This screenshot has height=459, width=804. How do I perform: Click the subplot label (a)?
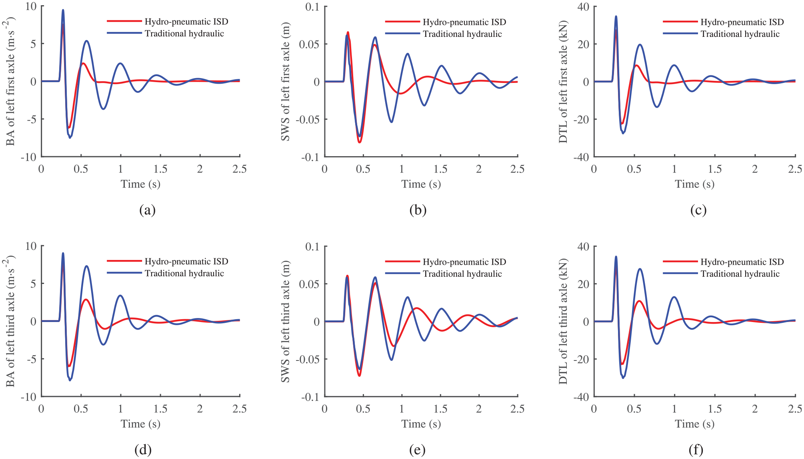pyautogui.click(x=147, y=210)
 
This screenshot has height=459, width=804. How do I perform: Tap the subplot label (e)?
pyautogui.click(x=417, y=450)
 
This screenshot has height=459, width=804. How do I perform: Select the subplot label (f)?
pyautogui.click(x=696, y=450)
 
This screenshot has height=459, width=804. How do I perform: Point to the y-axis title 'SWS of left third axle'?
pyautogui.click(x=285, y=322)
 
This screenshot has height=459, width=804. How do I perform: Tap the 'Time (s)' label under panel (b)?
pyautogui.click(x=421, y=184)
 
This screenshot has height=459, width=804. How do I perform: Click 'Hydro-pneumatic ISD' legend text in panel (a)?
pyautogui.click(x=186, y=21)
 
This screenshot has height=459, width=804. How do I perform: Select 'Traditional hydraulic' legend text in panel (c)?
pyautogui.click(x=740, y=34)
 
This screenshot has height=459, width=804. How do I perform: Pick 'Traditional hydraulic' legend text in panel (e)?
pyautogui.click(x=462, y=274)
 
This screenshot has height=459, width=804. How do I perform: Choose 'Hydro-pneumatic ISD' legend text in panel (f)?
pyautogui.click(x=742, y=262)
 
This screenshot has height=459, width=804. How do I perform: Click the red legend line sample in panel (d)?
pyautogui.click(x=124, y=261)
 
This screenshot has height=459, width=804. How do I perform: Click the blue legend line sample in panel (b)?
pyautogui.click(x=402, y=34)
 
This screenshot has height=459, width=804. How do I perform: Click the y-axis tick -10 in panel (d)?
pyautogui.click(x=28, y=397)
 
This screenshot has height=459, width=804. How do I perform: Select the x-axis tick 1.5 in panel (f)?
pyautogui.click(x=715, y=409)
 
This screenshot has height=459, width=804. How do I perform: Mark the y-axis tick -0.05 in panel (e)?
pyautogui.click(x=308, y=359)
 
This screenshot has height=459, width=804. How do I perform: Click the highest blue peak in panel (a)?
pyautogui.click(x=63, y=10)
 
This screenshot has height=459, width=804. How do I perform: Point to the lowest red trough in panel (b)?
pyautogui.click(x=360, y=142)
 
